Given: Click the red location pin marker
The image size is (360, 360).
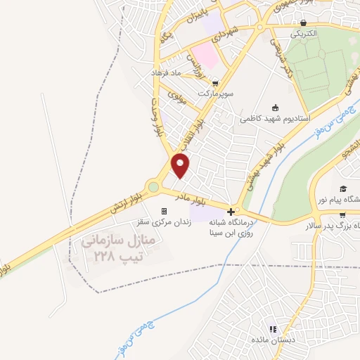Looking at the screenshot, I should click(181, 166).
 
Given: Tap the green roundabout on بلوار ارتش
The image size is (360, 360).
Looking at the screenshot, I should click(153, 187).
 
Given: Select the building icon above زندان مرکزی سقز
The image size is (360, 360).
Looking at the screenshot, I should click(165, 211).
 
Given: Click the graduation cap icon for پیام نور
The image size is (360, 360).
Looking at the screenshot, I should click(343, 188).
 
